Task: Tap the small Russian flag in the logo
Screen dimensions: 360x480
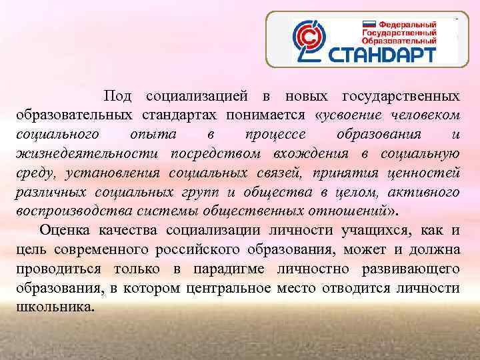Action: click(369, 23)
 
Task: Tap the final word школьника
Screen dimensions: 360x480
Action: click(56, 308)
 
